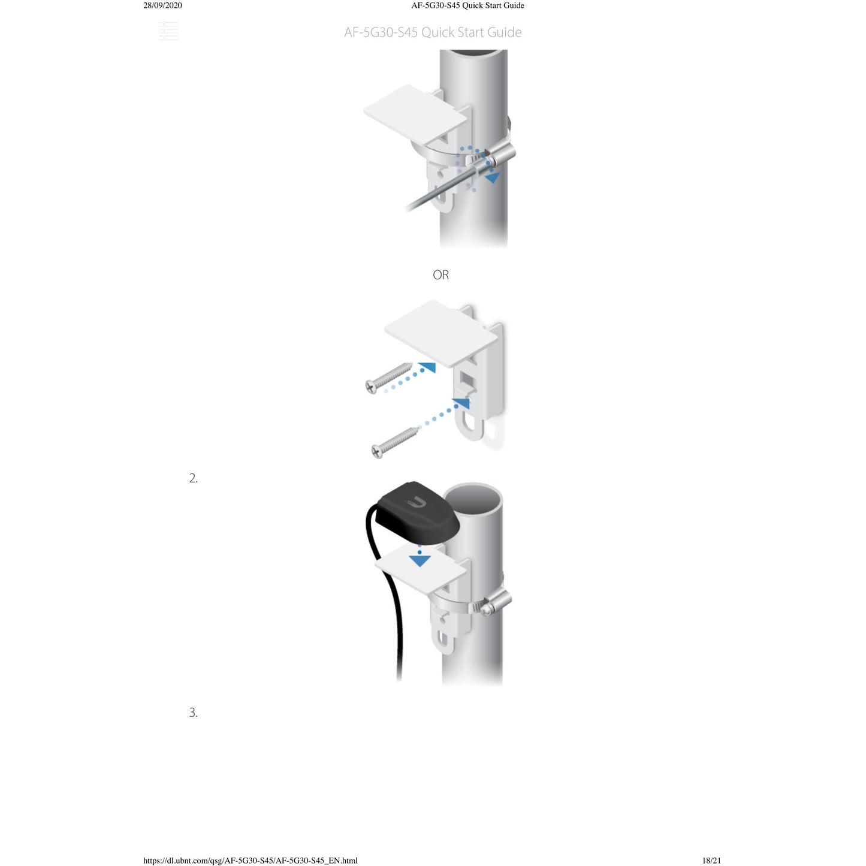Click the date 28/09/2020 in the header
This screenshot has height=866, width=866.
point(162,5)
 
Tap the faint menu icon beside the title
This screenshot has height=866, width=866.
point(169,31)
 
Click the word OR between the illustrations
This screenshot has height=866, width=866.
point(440,274)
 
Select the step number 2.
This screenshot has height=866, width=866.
point(193,478)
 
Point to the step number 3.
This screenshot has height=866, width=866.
point(193,713)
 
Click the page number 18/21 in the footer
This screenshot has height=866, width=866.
point(711,860)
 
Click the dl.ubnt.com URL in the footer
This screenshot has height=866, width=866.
point(251,860)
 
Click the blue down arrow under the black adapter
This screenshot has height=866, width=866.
point(420,560)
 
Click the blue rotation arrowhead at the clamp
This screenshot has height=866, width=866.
point(493,177)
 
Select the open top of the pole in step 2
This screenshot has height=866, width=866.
point(473,498)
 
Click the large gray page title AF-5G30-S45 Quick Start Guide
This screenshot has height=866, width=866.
point(433,32)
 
